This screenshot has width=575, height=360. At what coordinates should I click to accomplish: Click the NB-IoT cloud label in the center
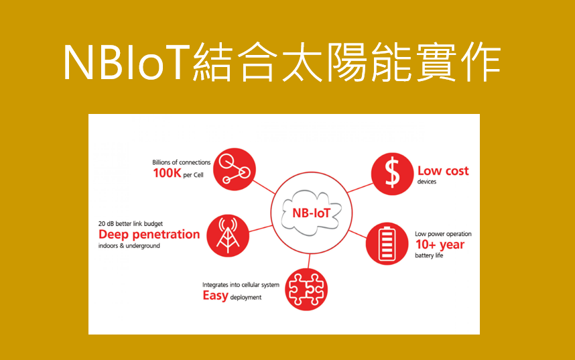312,213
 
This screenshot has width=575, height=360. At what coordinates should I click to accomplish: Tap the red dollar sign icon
392,174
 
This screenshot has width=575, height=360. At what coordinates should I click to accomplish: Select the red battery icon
387,243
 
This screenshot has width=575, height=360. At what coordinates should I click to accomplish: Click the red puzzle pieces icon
306,290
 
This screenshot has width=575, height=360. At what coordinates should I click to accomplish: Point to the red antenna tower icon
228,235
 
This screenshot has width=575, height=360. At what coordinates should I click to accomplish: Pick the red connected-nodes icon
235,169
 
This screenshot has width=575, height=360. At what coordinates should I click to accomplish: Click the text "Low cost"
443,171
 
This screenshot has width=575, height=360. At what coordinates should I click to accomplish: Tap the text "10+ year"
440,245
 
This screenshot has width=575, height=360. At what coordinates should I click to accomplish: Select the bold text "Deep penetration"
149,235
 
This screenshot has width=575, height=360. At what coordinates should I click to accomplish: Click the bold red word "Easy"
215,296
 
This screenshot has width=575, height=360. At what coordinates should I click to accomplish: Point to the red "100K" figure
167,173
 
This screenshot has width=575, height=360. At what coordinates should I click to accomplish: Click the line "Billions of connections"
182,162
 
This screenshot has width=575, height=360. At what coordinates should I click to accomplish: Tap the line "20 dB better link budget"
131,223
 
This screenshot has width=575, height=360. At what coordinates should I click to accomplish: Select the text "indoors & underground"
129,245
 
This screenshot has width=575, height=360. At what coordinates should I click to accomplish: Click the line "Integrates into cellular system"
241,285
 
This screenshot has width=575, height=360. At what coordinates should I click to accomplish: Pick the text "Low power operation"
443,234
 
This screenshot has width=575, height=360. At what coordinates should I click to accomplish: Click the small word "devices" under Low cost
427,182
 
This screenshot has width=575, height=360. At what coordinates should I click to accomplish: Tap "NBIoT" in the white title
127,62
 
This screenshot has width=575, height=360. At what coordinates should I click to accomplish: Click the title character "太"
302,62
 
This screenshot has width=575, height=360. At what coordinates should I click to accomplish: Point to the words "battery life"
429,255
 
